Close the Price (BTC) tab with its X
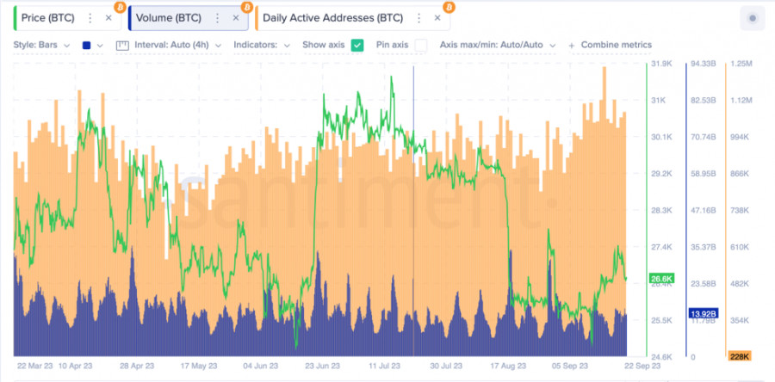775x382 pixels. coord(108,17)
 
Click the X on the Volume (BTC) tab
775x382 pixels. coord(235,17)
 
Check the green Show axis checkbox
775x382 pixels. coord(356,45)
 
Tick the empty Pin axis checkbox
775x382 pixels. coord(421,45)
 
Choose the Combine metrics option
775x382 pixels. coord(616,45)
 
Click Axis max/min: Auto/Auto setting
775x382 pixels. coord(497,45)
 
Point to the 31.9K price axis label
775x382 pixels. coord(662,64)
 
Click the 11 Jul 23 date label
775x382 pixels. coord(387,366)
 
